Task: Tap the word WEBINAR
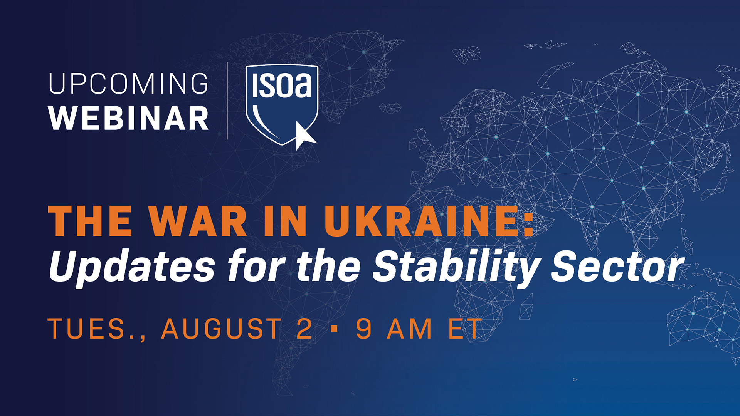click(128, 118)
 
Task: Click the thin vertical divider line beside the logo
click(227, 101)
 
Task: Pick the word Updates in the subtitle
click(132, 267)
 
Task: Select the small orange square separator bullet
click(334, 329)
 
